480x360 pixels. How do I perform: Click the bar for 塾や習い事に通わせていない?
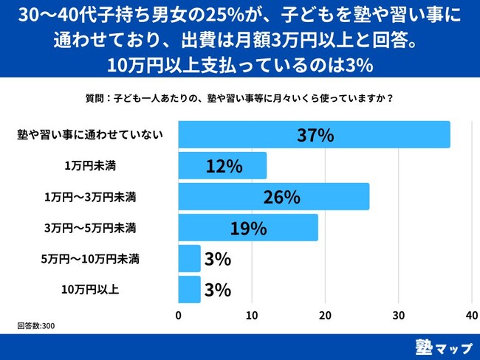(314, 135)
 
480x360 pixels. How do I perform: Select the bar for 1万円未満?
(222, 166)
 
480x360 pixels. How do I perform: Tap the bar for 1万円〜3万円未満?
(273, 197)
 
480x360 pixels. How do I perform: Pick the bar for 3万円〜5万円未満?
(248, 228)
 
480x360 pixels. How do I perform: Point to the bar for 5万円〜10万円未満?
(190, 259)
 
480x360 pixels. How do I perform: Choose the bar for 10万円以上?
(190, 290)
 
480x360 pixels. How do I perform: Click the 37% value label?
(315, 135)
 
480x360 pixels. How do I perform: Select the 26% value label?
(281, 197)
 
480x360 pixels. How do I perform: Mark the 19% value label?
(248, 228)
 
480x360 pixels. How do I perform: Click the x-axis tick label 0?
(179, 315)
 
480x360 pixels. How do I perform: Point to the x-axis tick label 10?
(252, 315)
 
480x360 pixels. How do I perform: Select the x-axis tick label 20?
(326, 315)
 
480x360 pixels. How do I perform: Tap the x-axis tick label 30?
(399, 315)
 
